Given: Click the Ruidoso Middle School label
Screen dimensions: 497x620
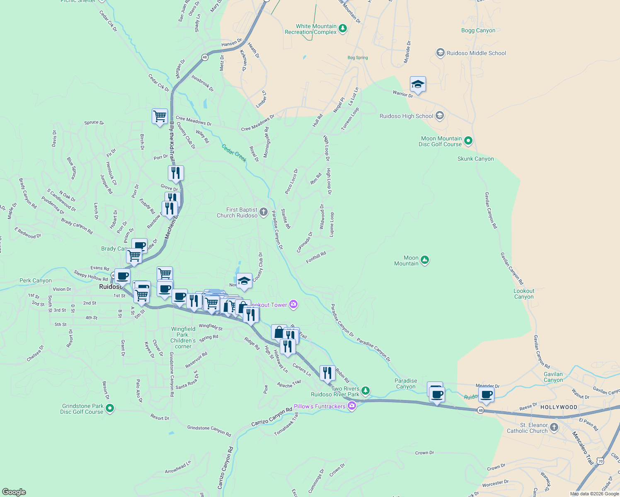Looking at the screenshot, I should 476,53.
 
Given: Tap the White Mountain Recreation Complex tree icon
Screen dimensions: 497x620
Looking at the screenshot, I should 342,29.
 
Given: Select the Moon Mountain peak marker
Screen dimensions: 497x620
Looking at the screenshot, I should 424,260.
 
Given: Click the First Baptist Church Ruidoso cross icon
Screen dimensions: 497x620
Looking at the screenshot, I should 264,212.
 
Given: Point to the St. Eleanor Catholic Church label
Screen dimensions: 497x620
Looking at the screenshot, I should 527,428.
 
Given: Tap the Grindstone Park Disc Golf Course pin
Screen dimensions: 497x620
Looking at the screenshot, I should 110,409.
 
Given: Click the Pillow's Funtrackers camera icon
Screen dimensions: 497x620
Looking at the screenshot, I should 352,406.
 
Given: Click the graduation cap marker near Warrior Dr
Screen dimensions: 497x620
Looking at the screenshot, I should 418,84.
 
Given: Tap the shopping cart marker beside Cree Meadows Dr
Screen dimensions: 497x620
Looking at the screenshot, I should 160,116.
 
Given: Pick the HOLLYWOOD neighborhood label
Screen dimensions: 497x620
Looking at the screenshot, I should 559,407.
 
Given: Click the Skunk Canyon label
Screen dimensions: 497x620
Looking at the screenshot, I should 475,159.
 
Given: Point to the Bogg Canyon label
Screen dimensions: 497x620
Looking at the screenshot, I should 478,30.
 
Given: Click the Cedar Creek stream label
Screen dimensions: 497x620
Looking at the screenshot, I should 234,153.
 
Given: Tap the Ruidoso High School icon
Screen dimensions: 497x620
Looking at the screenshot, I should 440,116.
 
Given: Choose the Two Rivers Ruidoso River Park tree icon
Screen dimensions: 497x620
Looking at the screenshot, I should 365,391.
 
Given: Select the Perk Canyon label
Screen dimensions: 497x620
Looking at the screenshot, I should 36,280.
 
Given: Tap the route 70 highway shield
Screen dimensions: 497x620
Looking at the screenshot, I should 600,461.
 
